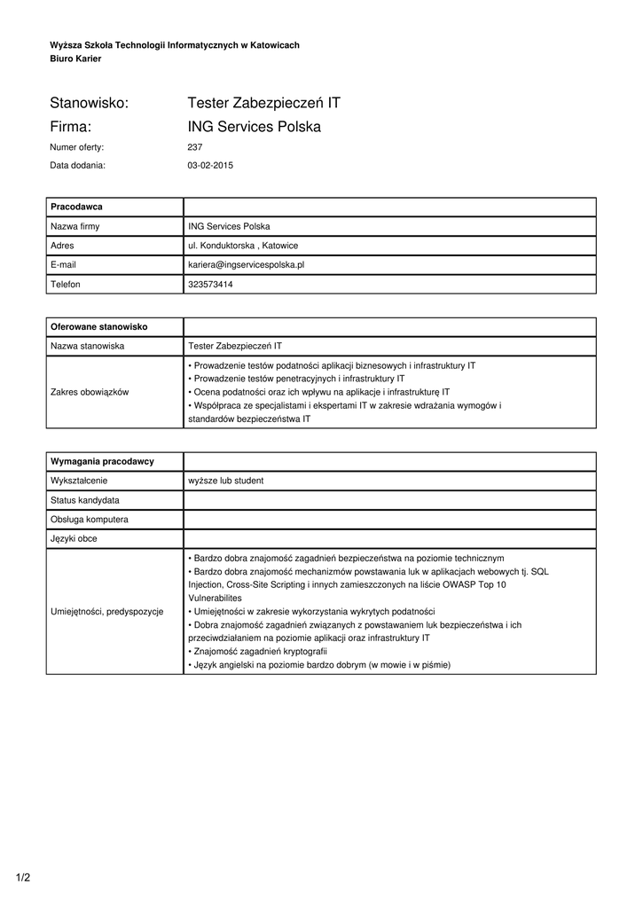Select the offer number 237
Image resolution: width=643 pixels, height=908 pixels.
click(x=195, y=147)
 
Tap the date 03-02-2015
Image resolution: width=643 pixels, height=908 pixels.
click(x=210, y=165)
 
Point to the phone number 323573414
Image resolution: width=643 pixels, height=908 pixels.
click(x=210, y=284)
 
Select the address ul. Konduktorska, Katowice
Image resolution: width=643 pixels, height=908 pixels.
click(x=243, y=245)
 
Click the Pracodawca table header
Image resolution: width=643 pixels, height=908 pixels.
click(x=77, y=207)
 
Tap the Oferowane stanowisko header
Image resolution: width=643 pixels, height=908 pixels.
click(x=99, y=326)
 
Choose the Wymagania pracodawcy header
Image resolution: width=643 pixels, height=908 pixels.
click(x=103, y=461)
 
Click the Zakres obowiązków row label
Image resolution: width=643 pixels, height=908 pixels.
click(x=90, y=392)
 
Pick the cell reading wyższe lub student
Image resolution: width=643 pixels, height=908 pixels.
click(x=225, y=481)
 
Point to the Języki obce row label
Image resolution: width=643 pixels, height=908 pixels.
click(x=74, y=538)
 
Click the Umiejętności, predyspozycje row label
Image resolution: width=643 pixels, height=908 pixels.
click(x=107, y=612)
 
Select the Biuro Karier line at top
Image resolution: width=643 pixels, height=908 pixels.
click(x=75, y=59)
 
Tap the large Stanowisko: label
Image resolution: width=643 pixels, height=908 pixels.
click(x=90, y=104)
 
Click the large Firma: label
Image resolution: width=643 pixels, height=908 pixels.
click(x=72, y=127)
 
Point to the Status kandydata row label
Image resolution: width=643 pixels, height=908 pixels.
click(x=85, y=500)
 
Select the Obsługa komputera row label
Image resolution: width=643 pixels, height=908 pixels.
click(x=90, y=519)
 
